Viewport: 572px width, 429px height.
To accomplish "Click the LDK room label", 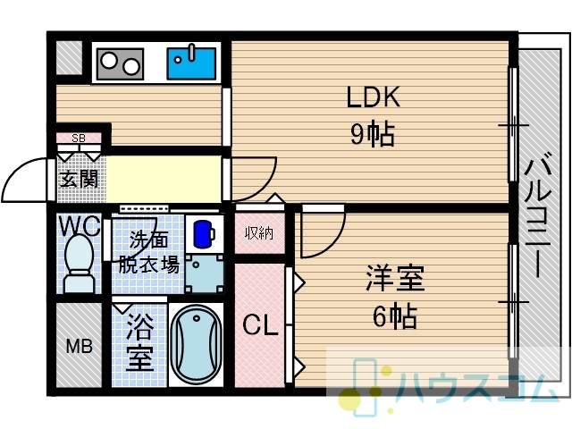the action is tap(373, 97).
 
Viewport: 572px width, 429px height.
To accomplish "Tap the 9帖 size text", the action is tap(373, 134).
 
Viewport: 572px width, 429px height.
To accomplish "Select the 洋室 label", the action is tap(395, 279).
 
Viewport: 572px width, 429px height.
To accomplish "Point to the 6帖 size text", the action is tap(395, 315).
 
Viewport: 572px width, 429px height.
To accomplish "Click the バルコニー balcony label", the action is tap(538, 215).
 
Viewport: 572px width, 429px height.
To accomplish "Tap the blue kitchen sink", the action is tap(191, 63).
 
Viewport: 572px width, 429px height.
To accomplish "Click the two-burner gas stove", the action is tap(120, 64).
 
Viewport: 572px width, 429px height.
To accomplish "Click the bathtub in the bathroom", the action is tap(197, 344).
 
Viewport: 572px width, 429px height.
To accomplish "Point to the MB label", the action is tap(80, 346).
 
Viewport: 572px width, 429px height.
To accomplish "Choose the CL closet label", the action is tap(260, 324).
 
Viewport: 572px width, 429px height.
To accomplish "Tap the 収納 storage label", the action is tap(259, 232).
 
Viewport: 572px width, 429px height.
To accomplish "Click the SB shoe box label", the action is tap(79, 139).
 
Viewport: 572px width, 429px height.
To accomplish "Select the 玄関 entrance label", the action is tap(80, 179).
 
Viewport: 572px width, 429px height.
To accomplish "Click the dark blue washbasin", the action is tap(204, 233).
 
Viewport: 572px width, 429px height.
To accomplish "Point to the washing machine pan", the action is tap(205, 273).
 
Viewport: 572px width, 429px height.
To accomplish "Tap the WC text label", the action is tap(80, 226).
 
